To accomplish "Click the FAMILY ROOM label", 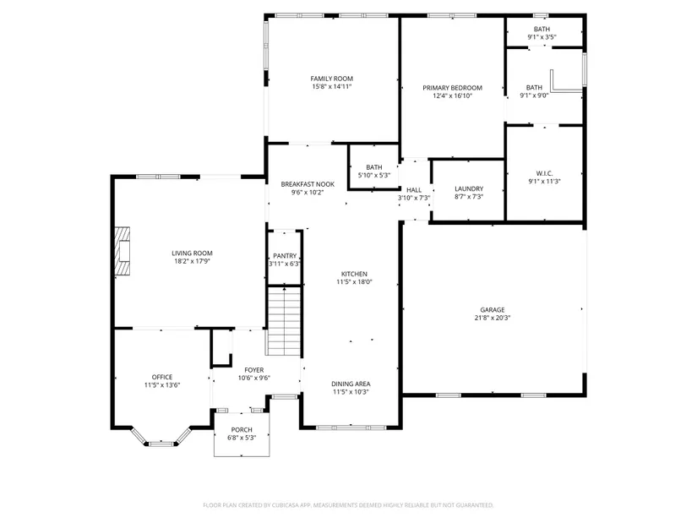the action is click(x=332, y=79).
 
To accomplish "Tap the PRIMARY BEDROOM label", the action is click(x=452, y=88).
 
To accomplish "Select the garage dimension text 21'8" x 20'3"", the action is click(x=492, y=318).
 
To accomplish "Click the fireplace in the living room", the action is click(x=123, y=251).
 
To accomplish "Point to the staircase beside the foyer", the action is click(x=284, y=321).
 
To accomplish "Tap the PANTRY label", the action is click(x=285, y=256).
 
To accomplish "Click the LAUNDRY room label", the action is click(x=469, y=188).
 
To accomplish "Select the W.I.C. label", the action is click(x=544, y=173).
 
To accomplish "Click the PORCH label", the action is click(x=242, y=429).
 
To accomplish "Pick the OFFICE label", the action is click(x=162, y=377).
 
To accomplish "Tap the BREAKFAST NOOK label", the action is click(x=308, y=184).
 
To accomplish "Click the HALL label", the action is click(x=413, y=190).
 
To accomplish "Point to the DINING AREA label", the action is click(x=351, y=384).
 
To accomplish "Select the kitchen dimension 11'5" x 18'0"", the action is click(x=354, y=281).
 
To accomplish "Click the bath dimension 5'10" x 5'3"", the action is click(x=373, y=175).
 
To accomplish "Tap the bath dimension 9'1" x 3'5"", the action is click(x=542, y=37).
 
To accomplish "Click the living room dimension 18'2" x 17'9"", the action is click(x=192, y=261).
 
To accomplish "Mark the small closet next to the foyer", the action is click(x=221, y=348).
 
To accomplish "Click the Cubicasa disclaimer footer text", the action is click(x=348, y=505).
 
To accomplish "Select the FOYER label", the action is click(x=253, y=370).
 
